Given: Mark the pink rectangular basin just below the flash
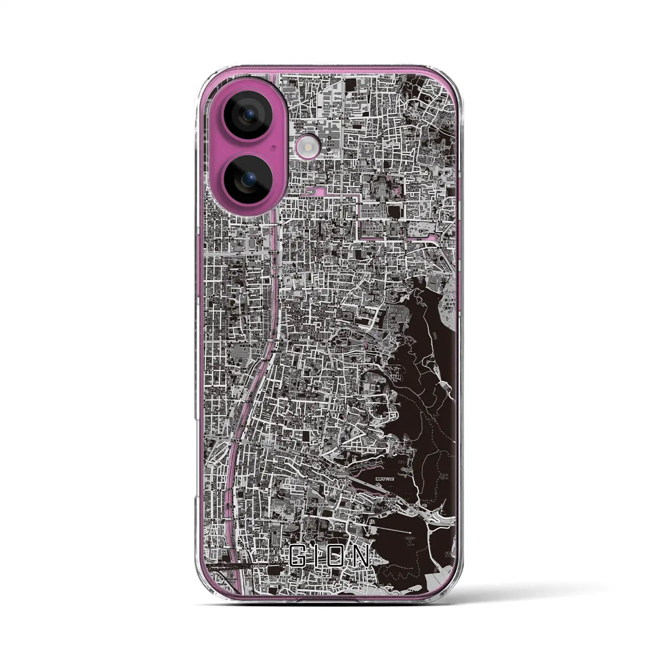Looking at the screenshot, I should (x=312, y=191).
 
